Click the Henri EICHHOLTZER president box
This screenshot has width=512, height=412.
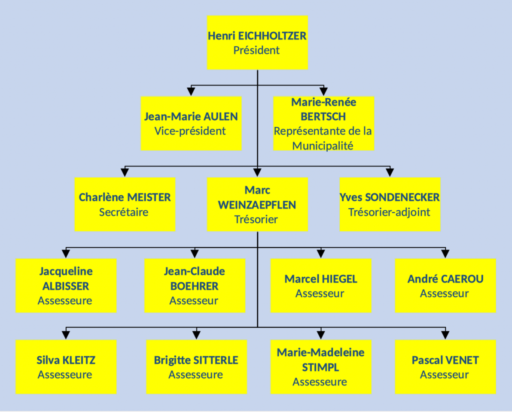pyautogui.click(x=257, y=42)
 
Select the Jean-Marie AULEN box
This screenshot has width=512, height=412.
pyautogui.click(x=191, y=123)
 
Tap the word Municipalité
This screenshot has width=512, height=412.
pyautogui.click(x=323, y=146)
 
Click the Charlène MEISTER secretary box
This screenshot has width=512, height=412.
pyautogui.click(x=125, y=204)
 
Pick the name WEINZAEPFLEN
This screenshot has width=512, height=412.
pyautogui.click(x=257, y=205)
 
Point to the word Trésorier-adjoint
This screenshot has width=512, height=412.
pyautogui.click(x=389, y=212)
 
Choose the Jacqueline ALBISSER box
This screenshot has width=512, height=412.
pyautogui.click(x=66, y=285)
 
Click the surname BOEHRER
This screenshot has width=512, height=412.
pyautogui.click(x=194, y=286)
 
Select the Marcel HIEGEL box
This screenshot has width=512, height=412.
pyautogui.click(x=320, y=285)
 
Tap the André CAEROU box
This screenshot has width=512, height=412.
pyautogui.click(x=445, y=285)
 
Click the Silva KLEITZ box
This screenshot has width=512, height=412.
pyautogui.click(x=66, y=367)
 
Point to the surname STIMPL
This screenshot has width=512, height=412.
pyautogui.click(x=320, y=367)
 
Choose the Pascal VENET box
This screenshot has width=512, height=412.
pyautogui.click(x=445, y=367)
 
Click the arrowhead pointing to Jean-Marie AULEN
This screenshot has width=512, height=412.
pyautogui.click(x=191, y=91)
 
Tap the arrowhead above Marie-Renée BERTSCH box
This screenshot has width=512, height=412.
pyautogui.click(x=323, y=91)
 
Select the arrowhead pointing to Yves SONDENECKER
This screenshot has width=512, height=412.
pyautogui.click(x=390, y=172)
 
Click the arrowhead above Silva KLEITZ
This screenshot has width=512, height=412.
pyautogui.click(x=66, y=334)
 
